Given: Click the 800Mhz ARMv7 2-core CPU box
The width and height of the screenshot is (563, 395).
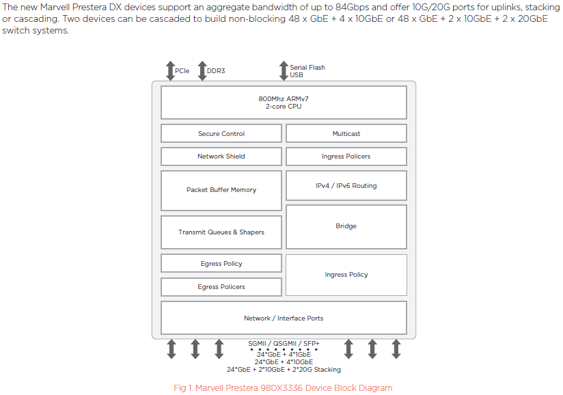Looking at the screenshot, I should tap(284, 103).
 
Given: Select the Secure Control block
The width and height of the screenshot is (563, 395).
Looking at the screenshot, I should tap(221, 133).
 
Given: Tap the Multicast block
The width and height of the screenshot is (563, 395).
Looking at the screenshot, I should tap(346, 133).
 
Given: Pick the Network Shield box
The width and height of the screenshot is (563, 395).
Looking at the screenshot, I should tap(221, 156).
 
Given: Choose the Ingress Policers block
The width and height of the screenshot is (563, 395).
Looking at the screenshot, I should tap(346, 156).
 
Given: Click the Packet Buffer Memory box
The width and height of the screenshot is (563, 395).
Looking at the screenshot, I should tap(221, 190).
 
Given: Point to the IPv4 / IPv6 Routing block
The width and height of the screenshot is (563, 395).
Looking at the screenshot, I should tap(346, 185).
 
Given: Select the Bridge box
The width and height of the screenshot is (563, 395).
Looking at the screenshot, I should tap(346, 226).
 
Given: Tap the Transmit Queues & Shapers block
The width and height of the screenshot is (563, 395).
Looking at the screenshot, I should tap(221, 232).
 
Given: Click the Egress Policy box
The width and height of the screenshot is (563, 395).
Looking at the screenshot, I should tap(221, 263).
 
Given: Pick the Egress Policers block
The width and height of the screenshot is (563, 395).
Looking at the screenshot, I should tap(221, 287).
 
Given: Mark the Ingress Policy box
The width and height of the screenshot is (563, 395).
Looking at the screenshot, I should tap(346, 275).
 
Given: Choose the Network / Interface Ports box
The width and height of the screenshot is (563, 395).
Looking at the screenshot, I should tap(284, 318).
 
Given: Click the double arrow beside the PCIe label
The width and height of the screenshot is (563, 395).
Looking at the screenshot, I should tap(170, 70).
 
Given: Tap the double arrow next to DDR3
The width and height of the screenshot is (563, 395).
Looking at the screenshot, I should tap(202, 70).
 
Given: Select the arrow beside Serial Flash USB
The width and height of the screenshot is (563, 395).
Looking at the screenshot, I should tap(284, 70).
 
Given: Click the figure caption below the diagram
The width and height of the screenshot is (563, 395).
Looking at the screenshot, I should tap(283, 388).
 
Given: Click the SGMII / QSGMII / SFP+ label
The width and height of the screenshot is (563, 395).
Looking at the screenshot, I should tap(284, 343).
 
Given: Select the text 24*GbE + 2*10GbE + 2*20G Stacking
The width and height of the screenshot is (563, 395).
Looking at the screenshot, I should tap(284, 370).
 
